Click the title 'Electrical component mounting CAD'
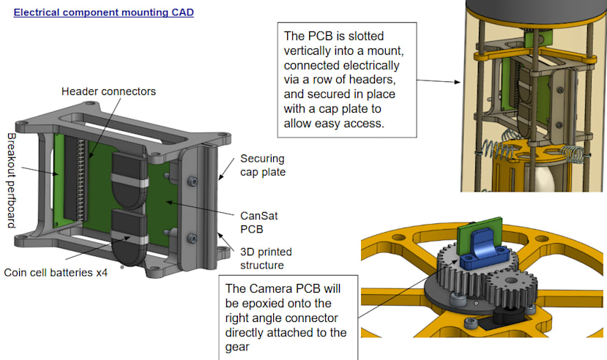pyautogui.click(x=104, y=12)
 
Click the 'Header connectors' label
pyautogui.click(x=109, y=91)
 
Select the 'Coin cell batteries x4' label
pyautogui.click(x=58, y=272)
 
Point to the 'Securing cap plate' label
pyautogui.click(x=263, y=165)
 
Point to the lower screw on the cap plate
pyautogui.click(x=193, y=237)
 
